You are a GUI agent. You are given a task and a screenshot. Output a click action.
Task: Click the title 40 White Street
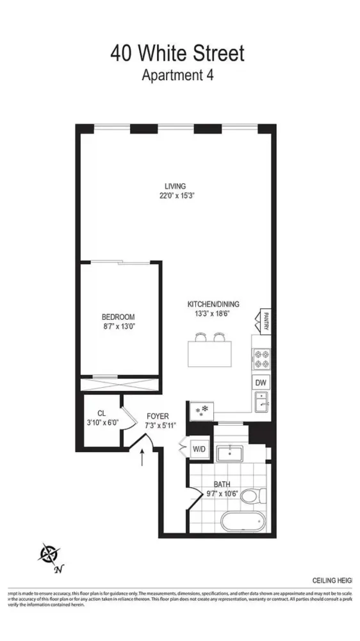tap(177, 53)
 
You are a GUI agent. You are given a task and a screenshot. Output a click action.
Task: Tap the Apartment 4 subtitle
tap(177, 74)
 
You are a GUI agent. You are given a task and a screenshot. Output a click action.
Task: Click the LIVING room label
tap(175, 187)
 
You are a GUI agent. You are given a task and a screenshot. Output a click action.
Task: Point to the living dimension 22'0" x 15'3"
tap(177, 196)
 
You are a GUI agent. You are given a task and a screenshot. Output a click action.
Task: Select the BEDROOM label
tap(119, 317)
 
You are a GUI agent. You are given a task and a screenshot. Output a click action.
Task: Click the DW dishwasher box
tap(261, 383)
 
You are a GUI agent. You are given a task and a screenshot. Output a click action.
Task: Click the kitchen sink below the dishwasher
tap(261, 403)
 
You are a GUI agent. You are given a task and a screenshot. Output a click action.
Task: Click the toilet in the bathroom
tap(258, 495)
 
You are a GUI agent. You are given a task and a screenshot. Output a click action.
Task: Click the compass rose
tap(49, 553)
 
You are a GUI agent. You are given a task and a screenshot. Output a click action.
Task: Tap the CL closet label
tap(101, 413)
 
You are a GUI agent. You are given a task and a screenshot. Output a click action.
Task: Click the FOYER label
tap(157, 416)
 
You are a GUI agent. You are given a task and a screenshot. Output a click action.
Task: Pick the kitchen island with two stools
tap(209, 351)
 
